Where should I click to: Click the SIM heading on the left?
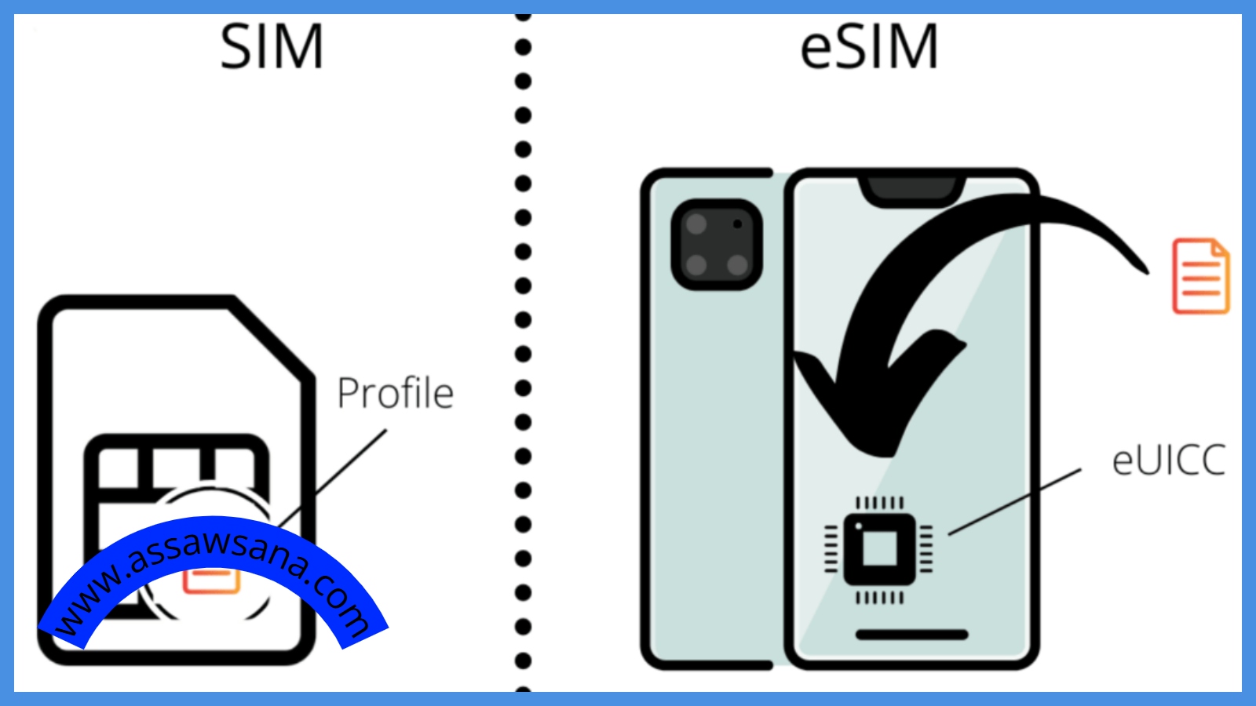(272, 47)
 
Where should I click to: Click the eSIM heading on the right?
(869, 47)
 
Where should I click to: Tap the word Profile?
(395, 393)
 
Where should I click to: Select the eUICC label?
(1168, 460)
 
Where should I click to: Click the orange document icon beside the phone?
(1200, 276)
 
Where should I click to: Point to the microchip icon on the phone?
(879, 549)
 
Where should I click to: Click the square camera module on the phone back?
(717, 244)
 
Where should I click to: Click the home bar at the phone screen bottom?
(911, 635)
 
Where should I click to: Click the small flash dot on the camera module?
(737, 224)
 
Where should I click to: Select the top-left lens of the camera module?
(696, 224)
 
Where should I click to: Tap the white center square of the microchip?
(880, 548)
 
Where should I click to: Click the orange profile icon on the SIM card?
(210, 580)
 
